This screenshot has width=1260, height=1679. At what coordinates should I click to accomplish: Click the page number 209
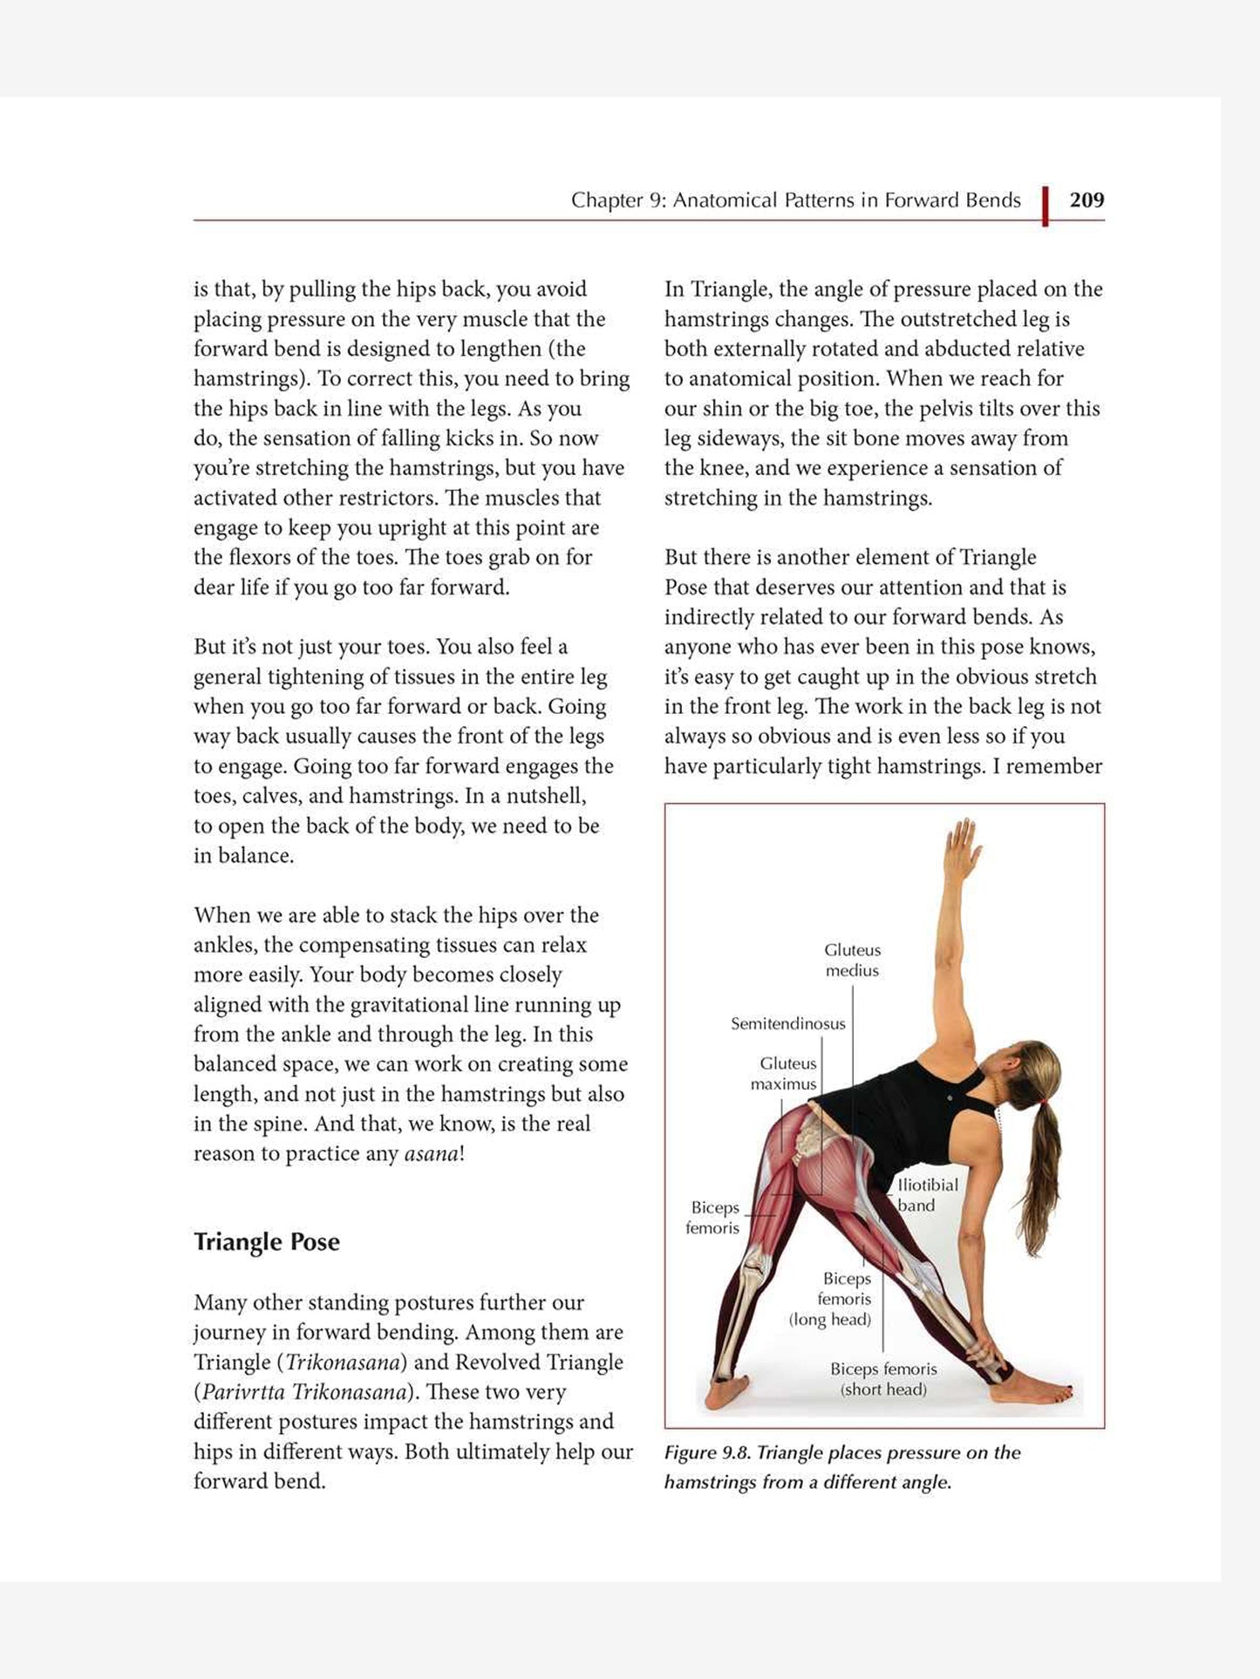click(1086, 201)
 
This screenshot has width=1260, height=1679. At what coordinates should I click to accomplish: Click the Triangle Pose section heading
click(266, 1241)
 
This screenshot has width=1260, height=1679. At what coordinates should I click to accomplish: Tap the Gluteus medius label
click(852, 960)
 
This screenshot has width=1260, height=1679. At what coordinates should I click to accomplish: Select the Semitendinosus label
click(787, 1023)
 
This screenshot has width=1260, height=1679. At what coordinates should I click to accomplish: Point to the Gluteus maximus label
click(786, 1073)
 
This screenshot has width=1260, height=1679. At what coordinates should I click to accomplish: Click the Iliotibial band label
click(926, 1194)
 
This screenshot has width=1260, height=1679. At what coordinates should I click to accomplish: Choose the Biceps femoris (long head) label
click(831, 1299)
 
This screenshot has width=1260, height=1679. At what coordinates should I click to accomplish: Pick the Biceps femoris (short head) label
click(882, 1379)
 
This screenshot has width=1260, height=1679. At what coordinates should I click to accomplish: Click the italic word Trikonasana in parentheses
click(343, 1362)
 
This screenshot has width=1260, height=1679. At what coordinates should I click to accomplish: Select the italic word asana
click(431, 1153)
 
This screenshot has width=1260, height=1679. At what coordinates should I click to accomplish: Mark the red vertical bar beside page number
click(1045, 206)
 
